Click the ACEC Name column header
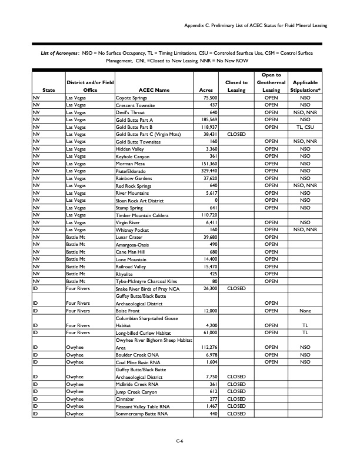coord(154,90)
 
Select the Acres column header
coord(206,90)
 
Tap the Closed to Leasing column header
coord(236,86)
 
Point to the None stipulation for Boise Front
coord(305,311)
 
